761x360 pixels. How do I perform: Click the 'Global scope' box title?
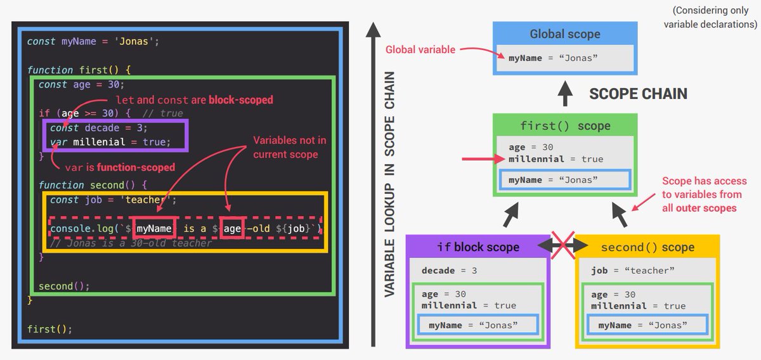(564, 34)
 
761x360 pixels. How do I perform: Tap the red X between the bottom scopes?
(562, 246)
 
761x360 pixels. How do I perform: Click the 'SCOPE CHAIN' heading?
(638, 94)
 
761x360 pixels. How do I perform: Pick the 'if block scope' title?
(478, 247)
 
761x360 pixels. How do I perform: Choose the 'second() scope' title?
(647, 247)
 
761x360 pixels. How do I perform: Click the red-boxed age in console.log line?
(232, 228)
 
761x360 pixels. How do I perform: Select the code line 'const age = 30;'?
(82, 84)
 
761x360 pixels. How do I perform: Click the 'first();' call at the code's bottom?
(49, 329)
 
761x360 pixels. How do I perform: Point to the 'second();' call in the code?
(64, 286)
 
